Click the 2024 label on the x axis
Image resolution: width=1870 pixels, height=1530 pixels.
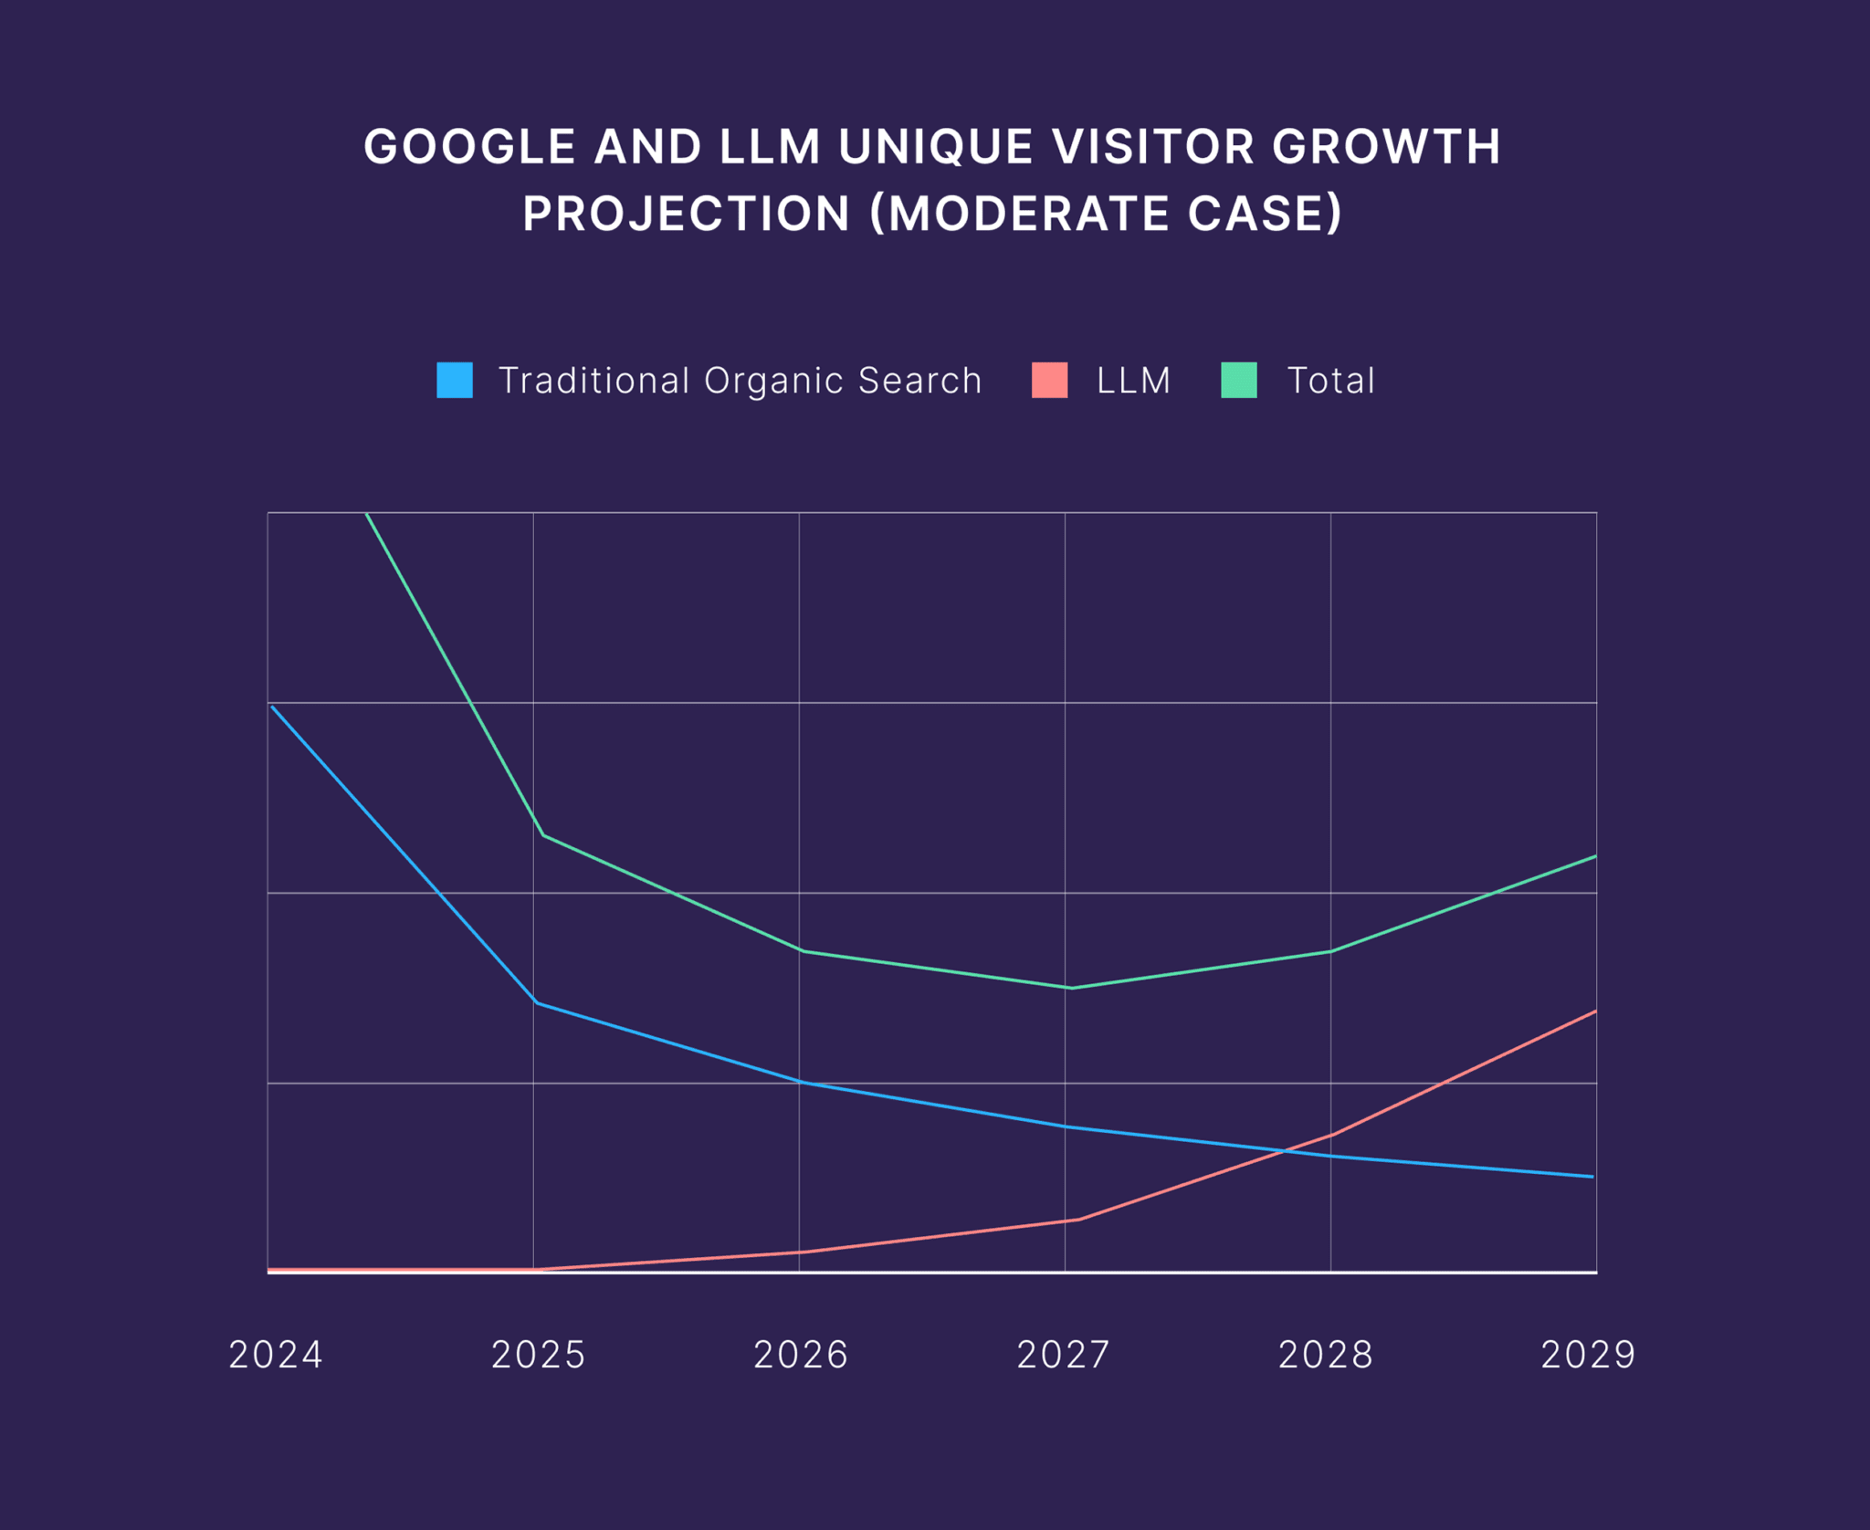(x=276, y=1355)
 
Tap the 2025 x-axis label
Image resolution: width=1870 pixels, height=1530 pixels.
(x=539, y=1355)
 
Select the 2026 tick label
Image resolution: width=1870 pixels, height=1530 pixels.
(x=801, y=1355)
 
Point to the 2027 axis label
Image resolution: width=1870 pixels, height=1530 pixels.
(x=1064, y=1355)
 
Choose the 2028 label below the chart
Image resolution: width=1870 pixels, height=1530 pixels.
(x=1326, y=1355)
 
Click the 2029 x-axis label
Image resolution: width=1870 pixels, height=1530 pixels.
(x=1589, y=1355)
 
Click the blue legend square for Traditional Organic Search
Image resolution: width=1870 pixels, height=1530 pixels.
(x=455, y=380)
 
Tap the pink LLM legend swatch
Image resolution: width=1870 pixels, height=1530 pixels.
(x=1049, y=380)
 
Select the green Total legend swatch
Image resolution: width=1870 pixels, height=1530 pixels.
(x=1239, y=380)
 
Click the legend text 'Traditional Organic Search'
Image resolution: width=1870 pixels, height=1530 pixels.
(x=740, y=381)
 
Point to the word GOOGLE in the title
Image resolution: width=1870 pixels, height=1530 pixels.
(x=469, y=147)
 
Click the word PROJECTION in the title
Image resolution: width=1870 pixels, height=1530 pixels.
(x=687, y=214)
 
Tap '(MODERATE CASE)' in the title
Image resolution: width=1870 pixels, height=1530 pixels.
(x=1106, y=214)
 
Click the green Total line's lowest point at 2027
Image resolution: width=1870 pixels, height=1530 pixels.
(x=1071, y=988)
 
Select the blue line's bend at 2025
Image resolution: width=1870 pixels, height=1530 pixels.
(x=536, y=1002)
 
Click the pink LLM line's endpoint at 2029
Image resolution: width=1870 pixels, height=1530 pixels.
(x=1595, y=1011)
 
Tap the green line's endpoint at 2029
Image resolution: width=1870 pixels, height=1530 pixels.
(x=1595, y=856)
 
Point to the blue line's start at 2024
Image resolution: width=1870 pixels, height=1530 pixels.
(x=272, y=707)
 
